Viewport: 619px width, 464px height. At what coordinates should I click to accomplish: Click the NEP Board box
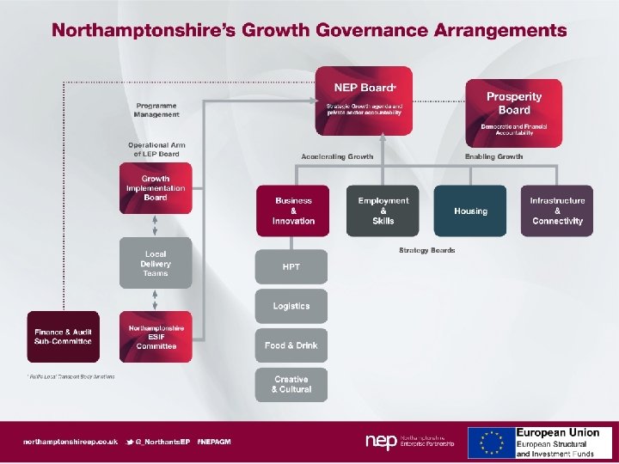coord(364,100)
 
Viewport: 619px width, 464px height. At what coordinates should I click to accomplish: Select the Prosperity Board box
coord(513,113)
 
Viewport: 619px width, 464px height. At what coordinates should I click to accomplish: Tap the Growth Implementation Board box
coord(156,188)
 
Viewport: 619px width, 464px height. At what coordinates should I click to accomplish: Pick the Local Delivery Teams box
coord(156,261)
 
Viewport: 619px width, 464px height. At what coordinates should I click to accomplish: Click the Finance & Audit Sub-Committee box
coord(63,336)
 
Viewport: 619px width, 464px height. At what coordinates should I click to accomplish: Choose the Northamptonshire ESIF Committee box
coord(156,336)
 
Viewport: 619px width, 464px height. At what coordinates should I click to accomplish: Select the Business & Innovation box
coord(293,211)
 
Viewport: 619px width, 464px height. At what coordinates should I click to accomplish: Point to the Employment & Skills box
coord(383,211)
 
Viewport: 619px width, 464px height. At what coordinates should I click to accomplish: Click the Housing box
coord(470,211)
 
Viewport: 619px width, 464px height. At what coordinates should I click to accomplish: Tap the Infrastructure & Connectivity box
coord(557,211)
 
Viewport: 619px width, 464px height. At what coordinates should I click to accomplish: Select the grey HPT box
coord(291,267)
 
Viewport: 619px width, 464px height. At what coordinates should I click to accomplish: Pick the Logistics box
coord(291,306)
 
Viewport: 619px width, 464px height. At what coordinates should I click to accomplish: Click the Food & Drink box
coord(291,345)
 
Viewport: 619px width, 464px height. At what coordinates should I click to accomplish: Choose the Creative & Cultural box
coord(291,384)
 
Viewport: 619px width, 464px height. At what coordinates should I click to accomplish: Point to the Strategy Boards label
coord(426,250)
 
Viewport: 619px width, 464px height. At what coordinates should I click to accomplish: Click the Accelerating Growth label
coord(337,156)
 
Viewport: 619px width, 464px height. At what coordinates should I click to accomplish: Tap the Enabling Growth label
coord(493,156)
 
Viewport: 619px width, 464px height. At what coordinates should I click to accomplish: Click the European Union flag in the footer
coord(491,442)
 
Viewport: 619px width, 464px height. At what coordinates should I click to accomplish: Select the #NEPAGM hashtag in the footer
coord(213,441)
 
